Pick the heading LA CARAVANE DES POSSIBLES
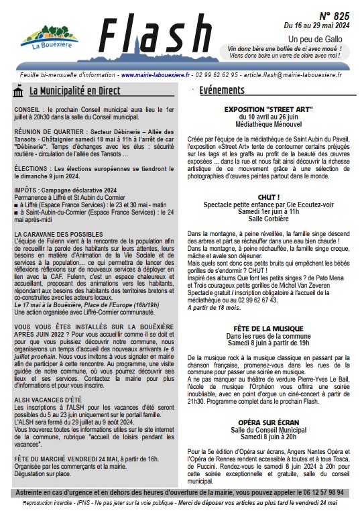point(58,234)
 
